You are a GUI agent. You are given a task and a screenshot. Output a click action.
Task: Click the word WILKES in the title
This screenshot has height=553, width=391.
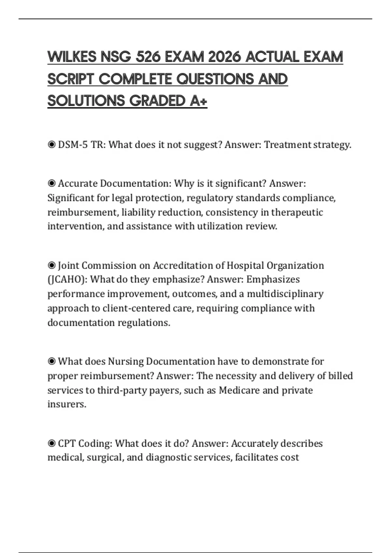click(72, 57)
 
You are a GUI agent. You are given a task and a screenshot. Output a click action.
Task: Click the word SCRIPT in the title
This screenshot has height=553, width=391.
click(71, 79)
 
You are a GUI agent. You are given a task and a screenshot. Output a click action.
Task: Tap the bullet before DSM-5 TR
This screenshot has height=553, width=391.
click(51, 145)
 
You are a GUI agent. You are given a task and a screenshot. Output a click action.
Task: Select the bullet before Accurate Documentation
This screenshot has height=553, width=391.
click(51, 184)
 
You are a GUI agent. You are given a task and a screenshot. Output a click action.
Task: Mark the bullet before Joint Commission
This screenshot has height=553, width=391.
click(51, 266)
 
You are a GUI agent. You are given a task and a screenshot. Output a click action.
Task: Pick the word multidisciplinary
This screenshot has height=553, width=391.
click(285, 294)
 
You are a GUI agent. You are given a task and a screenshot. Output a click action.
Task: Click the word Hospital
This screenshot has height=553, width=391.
click(245, 265)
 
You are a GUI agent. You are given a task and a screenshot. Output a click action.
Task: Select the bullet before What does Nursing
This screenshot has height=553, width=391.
click(51, 361)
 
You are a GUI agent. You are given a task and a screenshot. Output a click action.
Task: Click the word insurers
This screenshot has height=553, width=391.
click(67, 404)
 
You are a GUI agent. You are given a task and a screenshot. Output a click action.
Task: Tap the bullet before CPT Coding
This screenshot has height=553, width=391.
click(51, 443)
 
